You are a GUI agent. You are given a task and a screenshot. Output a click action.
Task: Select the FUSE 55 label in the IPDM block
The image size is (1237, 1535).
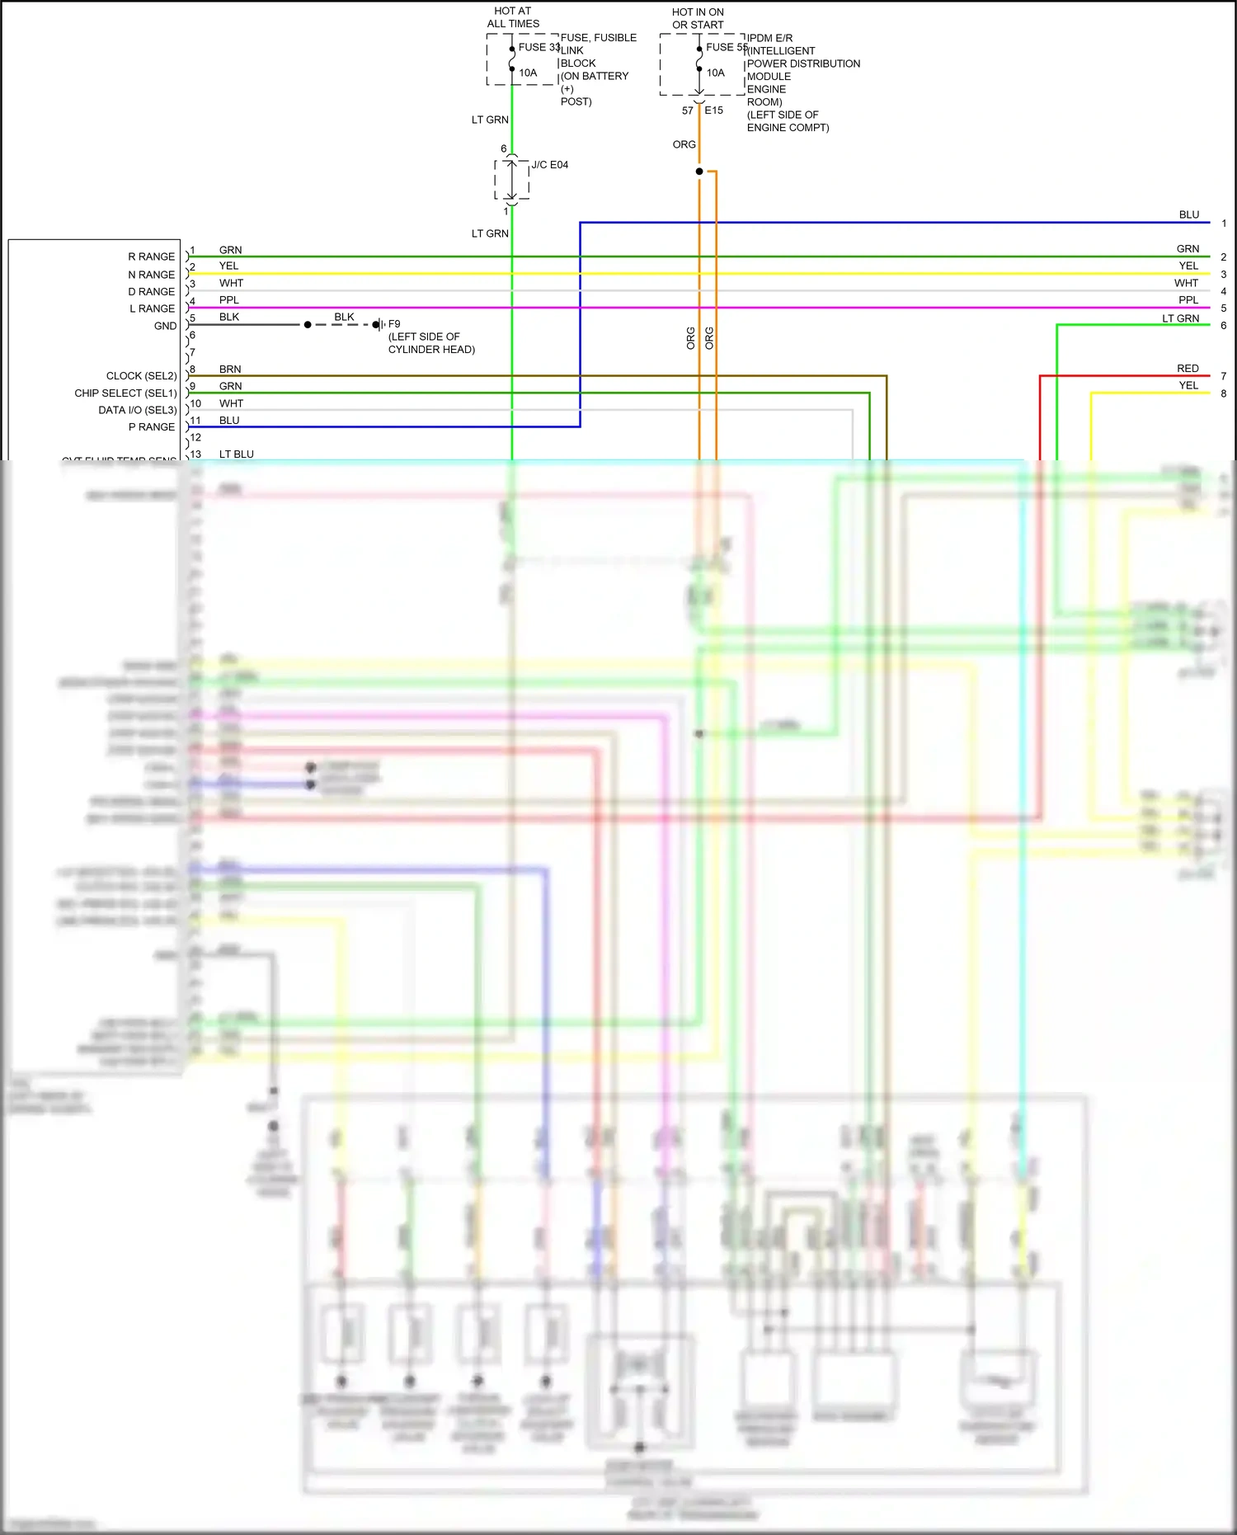726,47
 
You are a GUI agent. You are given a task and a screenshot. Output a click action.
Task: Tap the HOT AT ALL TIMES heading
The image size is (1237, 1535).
513,17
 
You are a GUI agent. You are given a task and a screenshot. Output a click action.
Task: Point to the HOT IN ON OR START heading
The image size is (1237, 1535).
698,18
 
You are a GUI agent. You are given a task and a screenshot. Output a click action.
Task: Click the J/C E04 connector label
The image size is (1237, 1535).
549,165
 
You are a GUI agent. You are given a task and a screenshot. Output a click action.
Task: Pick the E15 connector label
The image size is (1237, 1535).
713,110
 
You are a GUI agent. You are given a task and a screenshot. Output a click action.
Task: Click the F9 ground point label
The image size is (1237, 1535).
394,324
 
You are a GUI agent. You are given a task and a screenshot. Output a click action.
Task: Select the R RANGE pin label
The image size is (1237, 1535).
151,257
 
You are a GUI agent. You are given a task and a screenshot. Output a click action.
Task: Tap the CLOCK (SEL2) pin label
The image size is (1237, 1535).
141,375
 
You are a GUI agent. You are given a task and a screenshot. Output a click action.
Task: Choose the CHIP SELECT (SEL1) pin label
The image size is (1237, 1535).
125,393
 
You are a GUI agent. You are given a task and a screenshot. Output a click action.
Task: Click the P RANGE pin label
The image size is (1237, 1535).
151,426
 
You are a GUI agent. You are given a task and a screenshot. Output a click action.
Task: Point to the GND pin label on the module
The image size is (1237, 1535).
165,326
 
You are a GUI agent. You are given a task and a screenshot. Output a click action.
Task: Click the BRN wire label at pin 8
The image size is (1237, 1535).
230,369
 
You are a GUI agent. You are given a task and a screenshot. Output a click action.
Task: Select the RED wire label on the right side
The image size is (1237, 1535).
1188,368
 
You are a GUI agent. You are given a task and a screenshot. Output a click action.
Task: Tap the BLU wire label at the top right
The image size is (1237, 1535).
1188,214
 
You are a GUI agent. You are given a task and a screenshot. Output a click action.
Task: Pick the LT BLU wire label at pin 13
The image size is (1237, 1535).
237,454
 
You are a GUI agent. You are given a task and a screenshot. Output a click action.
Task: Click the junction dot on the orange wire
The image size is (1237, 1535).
699,172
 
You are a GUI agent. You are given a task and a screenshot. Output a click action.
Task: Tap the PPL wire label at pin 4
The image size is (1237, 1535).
228,299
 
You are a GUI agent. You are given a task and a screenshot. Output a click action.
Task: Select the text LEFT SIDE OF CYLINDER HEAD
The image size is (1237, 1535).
431,343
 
